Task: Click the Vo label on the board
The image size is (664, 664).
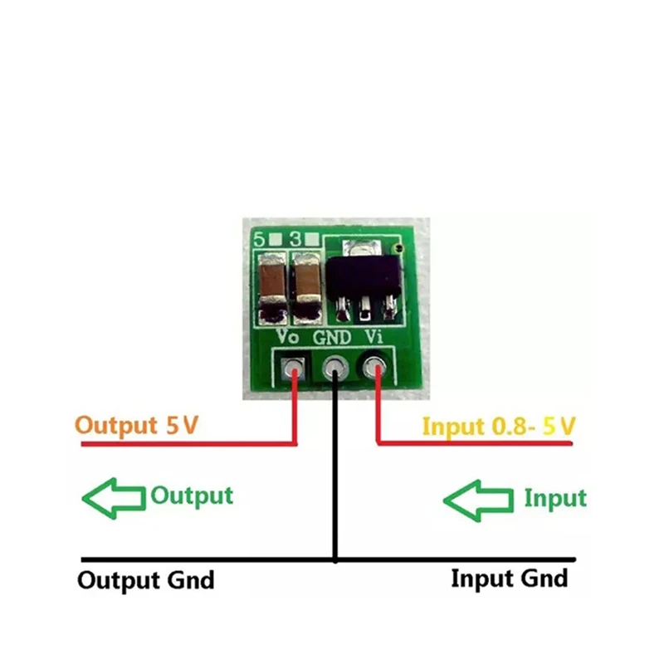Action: coord(287,337)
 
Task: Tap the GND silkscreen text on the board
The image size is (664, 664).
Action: coord(332,338)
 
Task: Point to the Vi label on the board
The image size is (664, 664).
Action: coord(374,337)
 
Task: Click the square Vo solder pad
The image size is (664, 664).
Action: coord(293,368)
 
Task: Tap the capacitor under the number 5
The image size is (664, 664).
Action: coord(273,288)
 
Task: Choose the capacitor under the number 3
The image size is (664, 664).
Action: coord(306,288)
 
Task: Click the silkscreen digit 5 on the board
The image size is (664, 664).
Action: coord(259,240)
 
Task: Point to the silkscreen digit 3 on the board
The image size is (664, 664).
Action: coord(295,240)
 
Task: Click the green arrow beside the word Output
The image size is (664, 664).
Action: coord(114,499)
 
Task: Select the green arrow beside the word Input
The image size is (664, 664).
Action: coord(479,501)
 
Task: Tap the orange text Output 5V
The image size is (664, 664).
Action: coord(136,425)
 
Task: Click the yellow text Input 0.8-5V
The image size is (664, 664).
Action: coord(500,427)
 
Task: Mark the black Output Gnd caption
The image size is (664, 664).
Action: coord(146,580)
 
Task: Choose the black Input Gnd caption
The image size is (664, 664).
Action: coord(510,579)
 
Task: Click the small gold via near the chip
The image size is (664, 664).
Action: coord(397,248)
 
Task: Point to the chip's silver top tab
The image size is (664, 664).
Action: coord(363,247)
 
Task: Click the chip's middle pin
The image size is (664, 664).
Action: coord(364,308)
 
